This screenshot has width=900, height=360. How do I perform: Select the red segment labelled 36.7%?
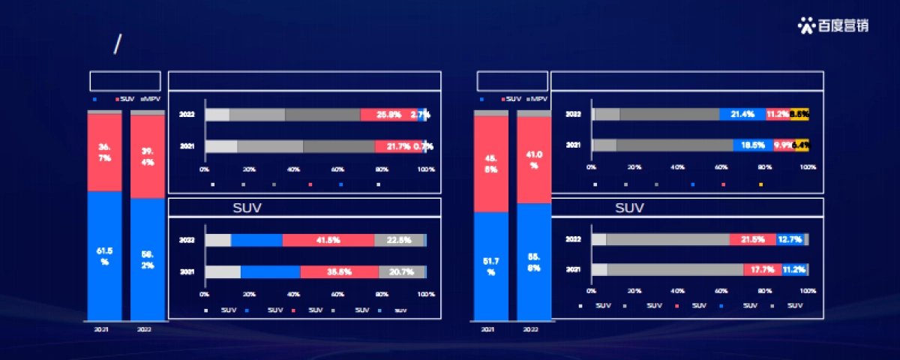coord(104,152)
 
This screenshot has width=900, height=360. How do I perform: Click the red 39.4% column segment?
coord(148,157)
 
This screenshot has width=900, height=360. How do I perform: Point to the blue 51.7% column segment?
coord(490,265)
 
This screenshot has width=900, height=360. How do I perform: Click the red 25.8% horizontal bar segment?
coord(388,115)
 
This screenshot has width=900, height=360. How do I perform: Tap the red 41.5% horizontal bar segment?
coord(328,240)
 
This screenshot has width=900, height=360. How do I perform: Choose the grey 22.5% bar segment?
coord(398,240)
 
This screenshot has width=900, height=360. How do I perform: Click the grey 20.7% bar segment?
coord(401,271)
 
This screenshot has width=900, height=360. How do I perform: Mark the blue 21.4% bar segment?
coord(742,114)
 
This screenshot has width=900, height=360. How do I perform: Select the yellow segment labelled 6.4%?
coord(801,145)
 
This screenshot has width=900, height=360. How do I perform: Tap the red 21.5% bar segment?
coord(752,239)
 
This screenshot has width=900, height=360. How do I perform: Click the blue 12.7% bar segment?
coord(790,239)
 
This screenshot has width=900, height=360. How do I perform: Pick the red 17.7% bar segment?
coord(762,269)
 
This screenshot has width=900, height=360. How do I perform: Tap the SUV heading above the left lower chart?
coord(247,208)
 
